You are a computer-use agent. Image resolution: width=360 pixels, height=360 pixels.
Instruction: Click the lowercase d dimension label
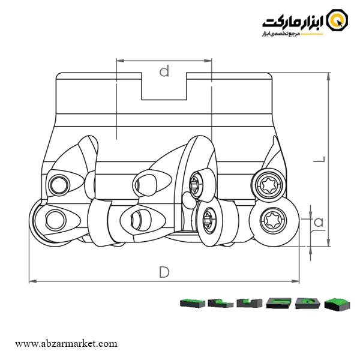164,71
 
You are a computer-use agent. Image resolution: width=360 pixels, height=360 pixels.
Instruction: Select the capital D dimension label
164,272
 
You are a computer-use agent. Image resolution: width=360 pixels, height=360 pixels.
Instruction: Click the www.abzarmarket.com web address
66,344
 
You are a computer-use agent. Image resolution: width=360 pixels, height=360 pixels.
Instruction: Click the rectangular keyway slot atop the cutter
164,88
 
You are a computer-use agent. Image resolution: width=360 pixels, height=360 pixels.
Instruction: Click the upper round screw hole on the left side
59,184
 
